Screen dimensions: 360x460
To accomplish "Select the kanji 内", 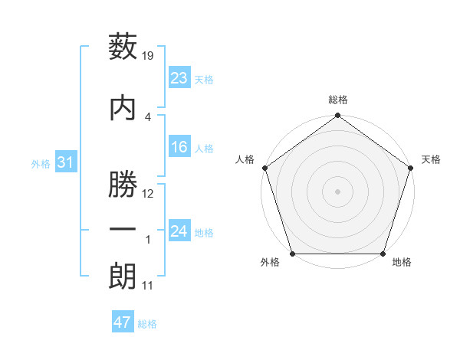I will click(123, 106).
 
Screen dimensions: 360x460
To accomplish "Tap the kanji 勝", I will click(123, 179).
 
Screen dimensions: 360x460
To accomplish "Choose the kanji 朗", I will click(123, 277).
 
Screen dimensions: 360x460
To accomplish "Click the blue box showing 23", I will click(179, 78).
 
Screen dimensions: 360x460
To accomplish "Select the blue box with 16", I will click(179, 147).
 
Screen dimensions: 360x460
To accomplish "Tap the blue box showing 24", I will click(179, 231).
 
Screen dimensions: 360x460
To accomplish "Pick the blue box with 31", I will click(65, 162).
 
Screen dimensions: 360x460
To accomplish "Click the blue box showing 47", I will click(123, 322).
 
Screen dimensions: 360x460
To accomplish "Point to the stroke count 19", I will click(149, 55).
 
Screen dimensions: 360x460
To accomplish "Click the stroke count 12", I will click(149, 194).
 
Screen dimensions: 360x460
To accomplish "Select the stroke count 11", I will click(148, 286).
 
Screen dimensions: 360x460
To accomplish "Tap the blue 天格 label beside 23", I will click(204, 80).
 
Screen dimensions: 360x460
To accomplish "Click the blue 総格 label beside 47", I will click(147, 324).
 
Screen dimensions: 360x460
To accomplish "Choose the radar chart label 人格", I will click(245, 159).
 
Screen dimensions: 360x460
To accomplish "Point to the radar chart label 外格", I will click(270, 263).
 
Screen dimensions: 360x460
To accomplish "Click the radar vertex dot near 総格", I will click(337, 116).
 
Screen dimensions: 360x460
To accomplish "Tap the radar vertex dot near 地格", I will click(383, 254).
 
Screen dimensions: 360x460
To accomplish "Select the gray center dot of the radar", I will click(337, 191).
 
